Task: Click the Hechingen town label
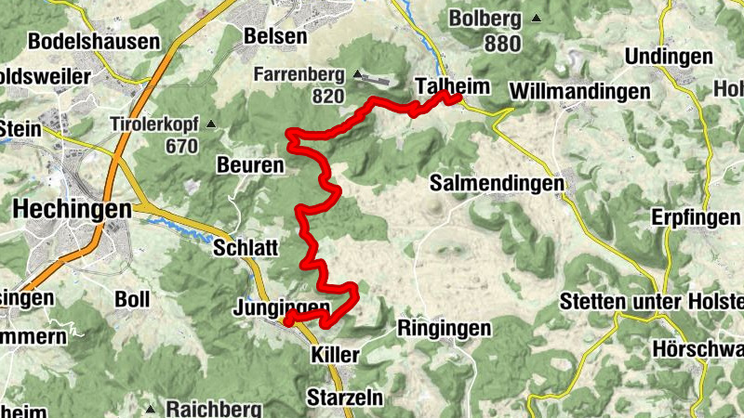(72, 211)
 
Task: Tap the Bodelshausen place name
(94, 42)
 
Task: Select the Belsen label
(274, 35)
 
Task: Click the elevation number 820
(328, 96)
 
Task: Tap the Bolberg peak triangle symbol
(536, 18)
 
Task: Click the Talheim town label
(452, 84)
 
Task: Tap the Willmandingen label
(578, 92)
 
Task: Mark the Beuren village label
(249, 165)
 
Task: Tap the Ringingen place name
(444, 328)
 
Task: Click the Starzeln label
(344, 398)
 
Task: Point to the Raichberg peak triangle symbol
(150, 408)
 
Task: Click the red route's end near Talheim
(459, 97)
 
